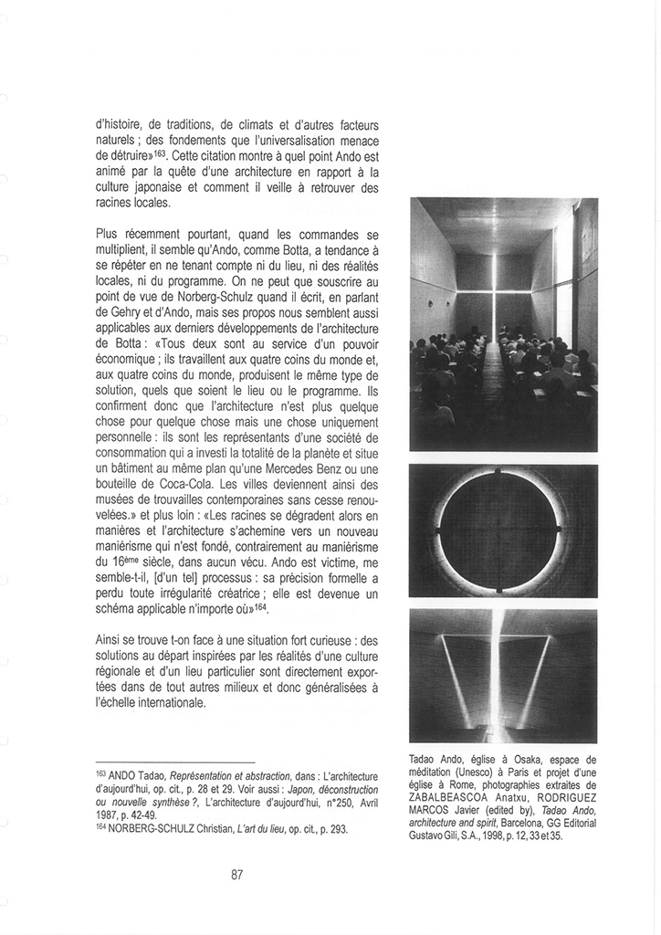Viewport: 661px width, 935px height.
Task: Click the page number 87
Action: (x=236, y=874)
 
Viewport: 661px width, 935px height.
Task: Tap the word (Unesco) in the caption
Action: (x=494, y=772)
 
